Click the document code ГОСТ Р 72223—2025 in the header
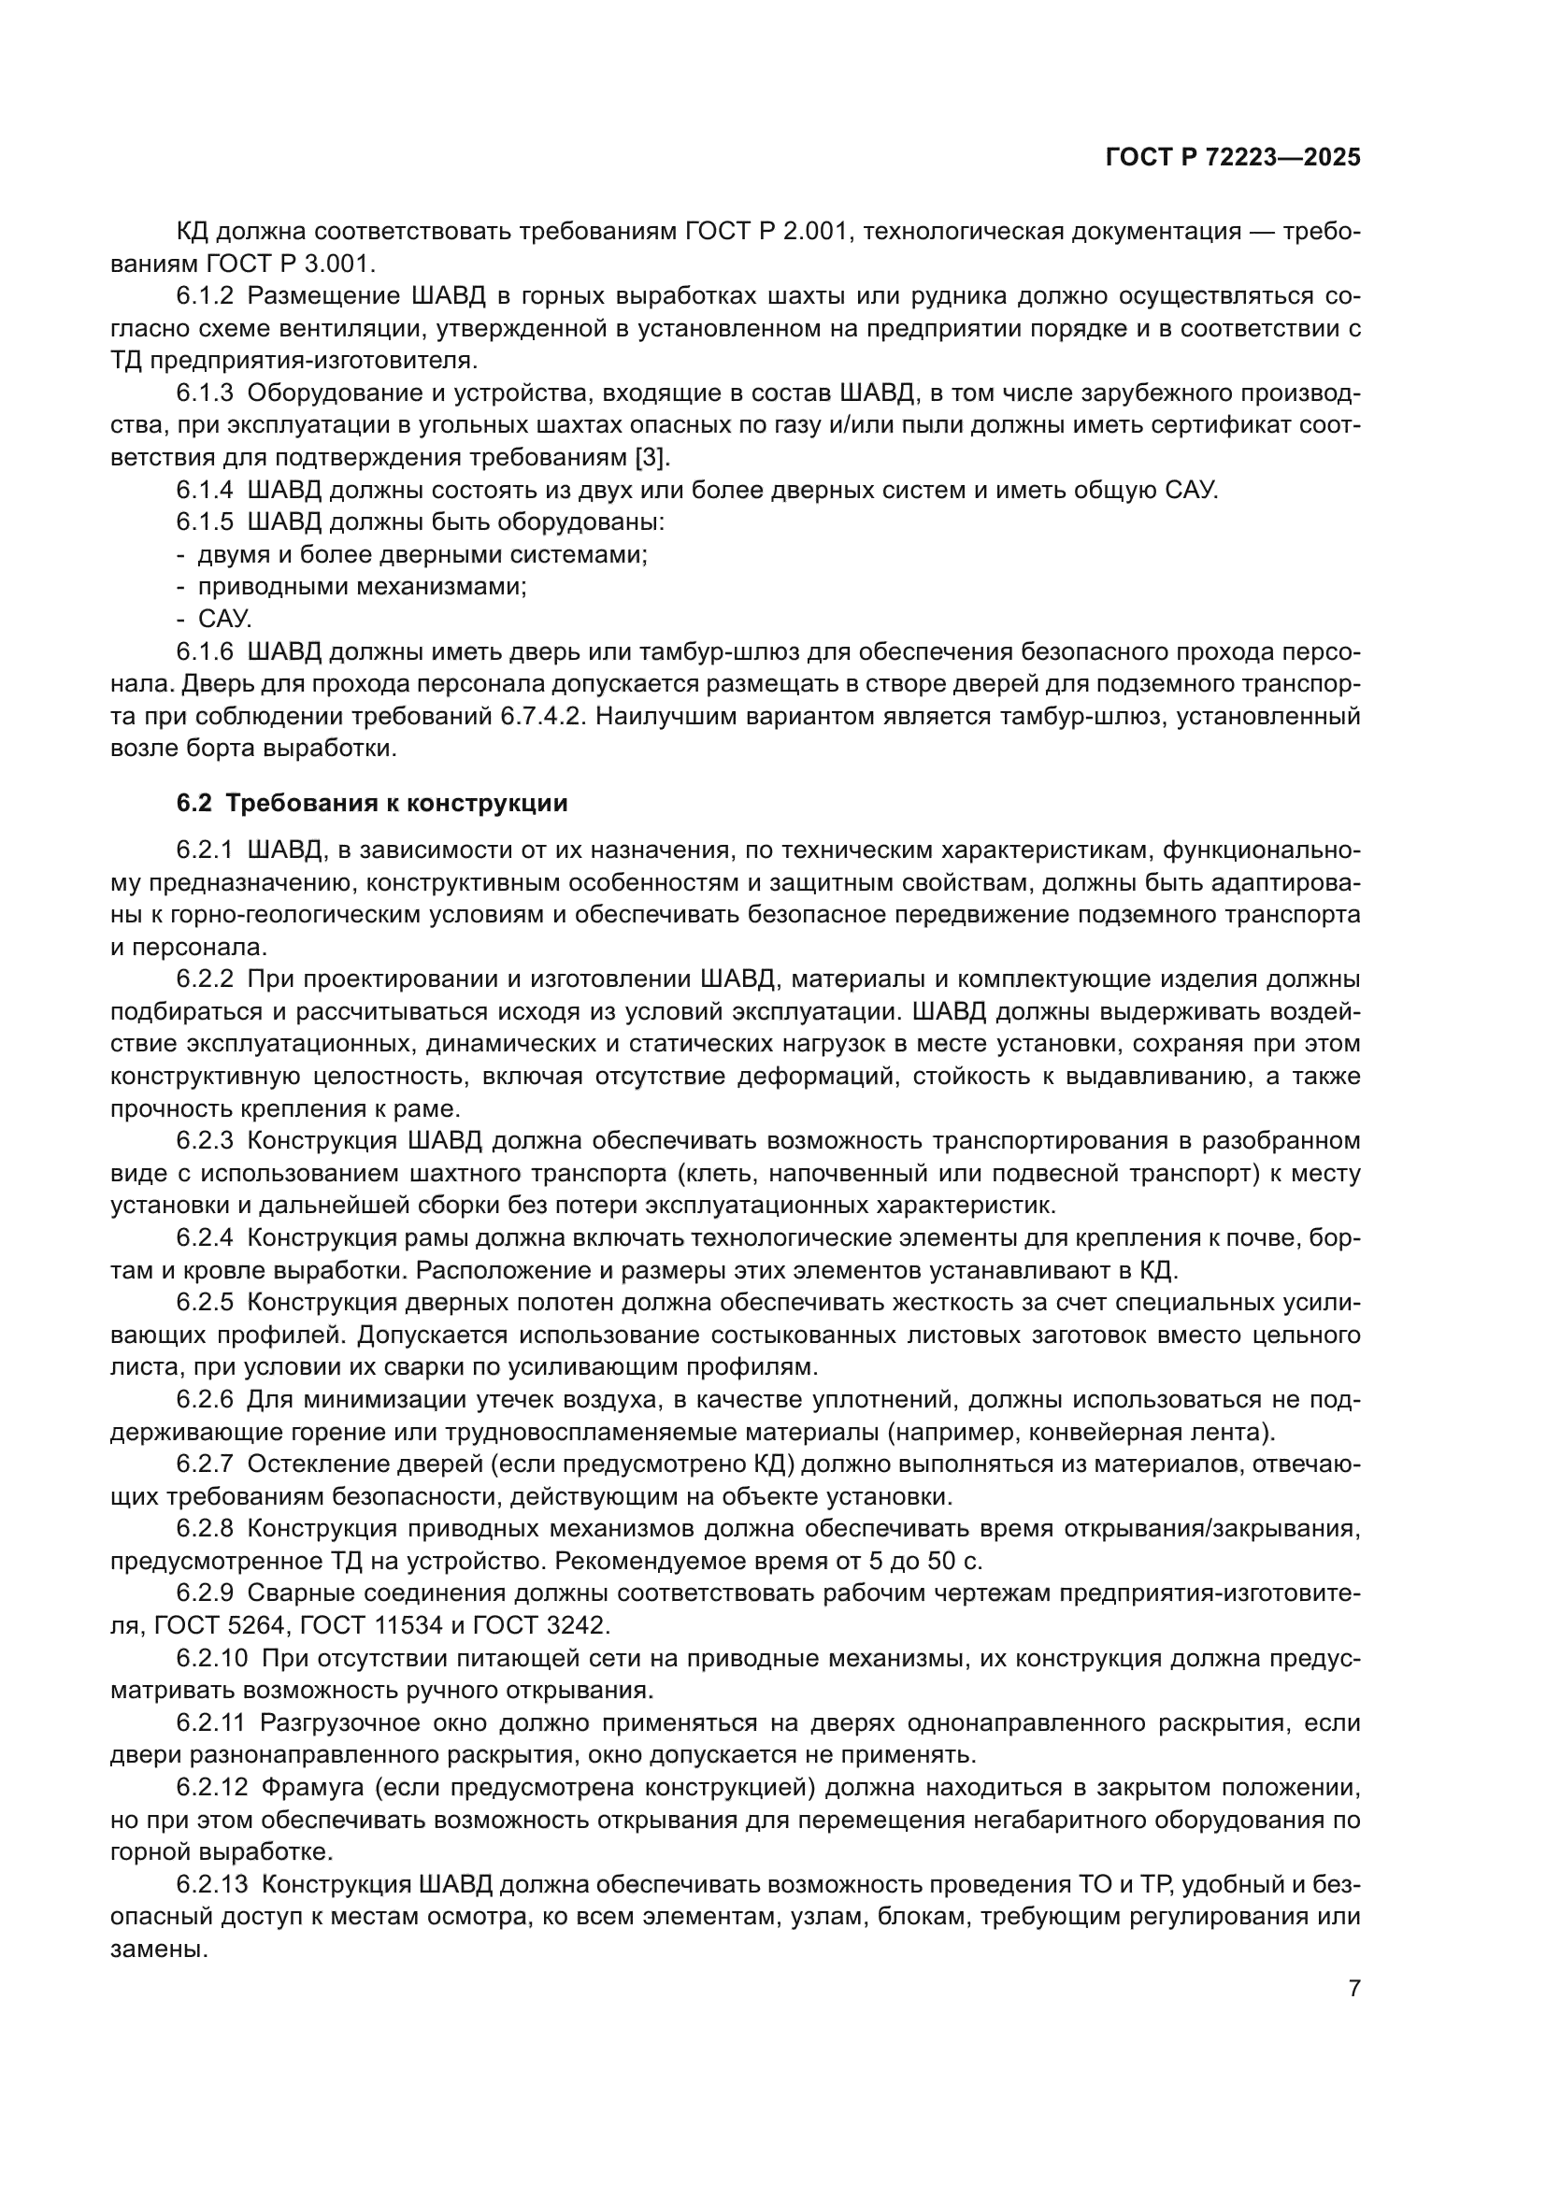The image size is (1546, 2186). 1232,158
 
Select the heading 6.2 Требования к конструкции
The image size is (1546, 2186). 371,804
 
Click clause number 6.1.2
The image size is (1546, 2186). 204,296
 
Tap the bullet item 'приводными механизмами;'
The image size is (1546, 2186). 362,588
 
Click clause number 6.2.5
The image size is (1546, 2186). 204,1304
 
